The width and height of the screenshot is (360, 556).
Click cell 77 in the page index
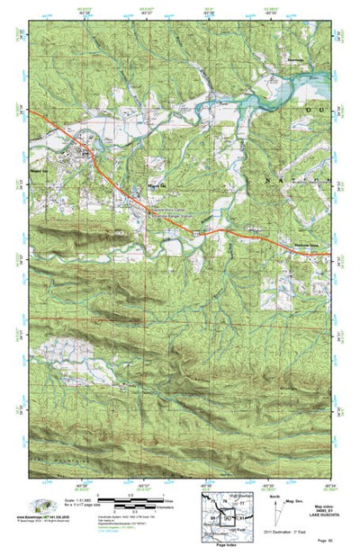pyautogui.click(x=240, y=506)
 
